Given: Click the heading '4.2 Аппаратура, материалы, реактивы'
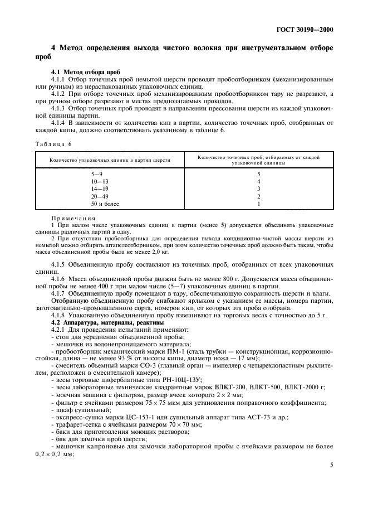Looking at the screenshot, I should tap(99, 322).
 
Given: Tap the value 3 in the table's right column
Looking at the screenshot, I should tap(258, 189).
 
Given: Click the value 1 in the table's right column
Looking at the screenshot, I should tap(258, 204).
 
